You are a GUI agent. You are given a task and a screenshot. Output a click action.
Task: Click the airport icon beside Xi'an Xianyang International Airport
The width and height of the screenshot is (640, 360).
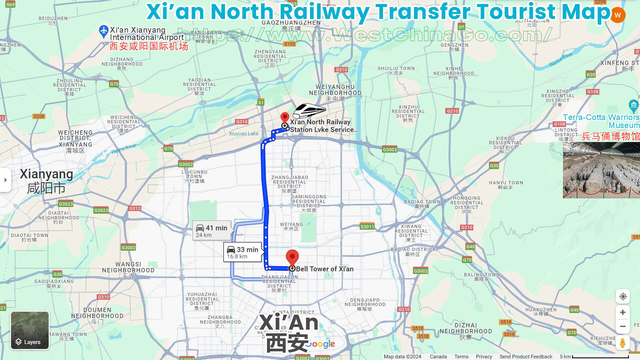pos(104,31)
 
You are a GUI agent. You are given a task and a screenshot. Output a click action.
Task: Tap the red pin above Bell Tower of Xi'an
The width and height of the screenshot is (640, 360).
pos(292,257)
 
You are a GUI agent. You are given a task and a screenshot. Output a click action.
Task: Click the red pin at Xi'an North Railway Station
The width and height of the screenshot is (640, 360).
pos(285,117)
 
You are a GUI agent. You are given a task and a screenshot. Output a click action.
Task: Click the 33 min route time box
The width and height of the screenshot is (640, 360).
pos(242,252)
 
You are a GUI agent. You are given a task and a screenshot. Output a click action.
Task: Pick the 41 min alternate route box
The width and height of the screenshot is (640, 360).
pos(212,231)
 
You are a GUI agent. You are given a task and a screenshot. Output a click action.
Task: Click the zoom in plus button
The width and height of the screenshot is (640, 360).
pos(622,312)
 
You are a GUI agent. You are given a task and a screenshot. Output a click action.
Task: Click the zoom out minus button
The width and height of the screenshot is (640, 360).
pos(622,326)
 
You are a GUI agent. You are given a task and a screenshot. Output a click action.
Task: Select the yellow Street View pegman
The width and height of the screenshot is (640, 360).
pos(622,342)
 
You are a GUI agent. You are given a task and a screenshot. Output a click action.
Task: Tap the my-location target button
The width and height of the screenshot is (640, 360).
pos(623,297)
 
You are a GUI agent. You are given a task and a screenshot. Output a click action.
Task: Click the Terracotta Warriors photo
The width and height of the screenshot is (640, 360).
pos(601,170)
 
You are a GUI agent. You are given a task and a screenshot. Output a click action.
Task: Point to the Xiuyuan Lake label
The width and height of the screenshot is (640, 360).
pos(243,134)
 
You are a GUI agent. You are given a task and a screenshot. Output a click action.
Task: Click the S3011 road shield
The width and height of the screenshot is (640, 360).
pos(367,227)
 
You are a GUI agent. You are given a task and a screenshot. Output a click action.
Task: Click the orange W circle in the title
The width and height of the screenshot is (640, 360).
pos(617,15)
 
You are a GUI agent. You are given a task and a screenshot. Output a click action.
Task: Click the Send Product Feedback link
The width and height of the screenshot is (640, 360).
pos(526,357)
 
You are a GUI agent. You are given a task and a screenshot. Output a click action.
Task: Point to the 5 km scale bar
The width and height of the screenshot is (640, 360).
pos(600,357)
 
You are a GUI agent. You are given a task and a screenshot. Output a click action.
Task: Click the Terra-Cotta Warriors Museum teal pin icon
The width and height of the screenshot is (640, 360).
pos(633,106)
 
